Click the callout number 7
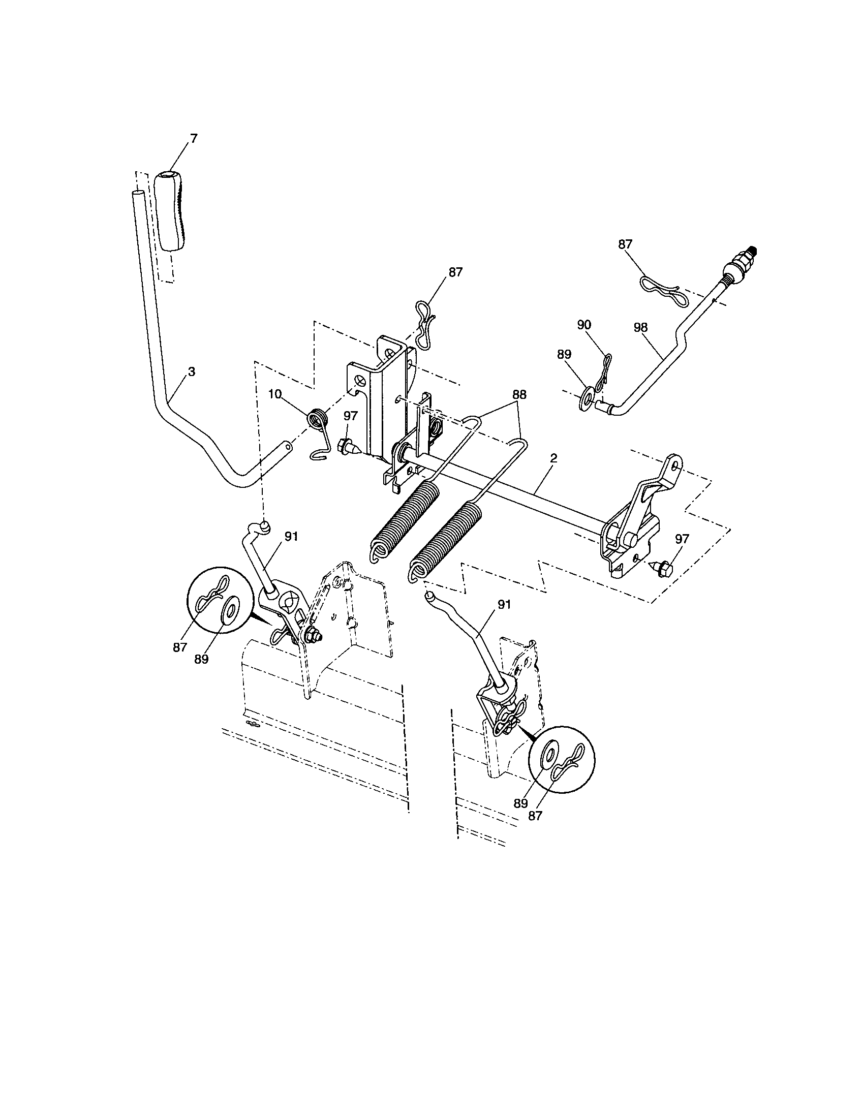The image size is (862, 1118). (194, 138)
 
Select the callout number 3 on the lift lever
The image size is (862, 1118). (191, 372)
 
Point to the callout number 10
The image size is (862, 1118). (275, 394)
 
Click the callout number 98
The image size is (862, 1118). (640, 328)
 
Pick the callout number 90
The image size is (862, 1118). (584, 325)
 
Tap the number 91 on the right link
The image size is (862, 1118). (504, 605)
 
